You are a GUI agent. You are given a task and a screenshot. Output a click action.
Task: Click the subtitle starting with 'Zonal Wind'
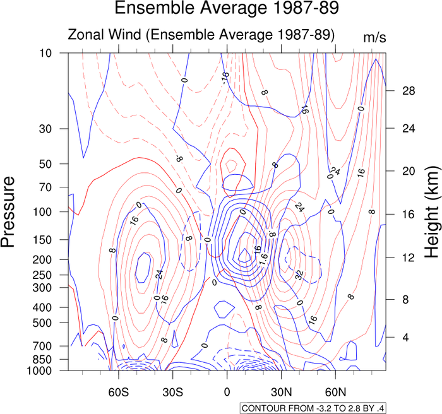point(201,35)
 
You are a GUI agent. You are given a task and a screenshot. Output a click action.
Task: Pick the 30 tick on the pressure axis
point(45,129)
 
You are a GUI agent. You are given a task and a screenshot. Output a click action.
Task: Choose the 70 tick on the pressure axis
point(45,187)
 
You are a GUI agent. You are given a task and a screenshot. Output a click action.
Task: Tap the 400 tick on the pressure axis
point(43,307)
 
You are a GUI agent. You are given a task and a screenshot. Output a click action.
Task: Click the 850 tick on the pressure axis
point(43,359)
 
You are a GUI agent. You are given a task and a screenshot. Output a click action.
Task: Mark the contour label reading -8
point(179,158)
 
